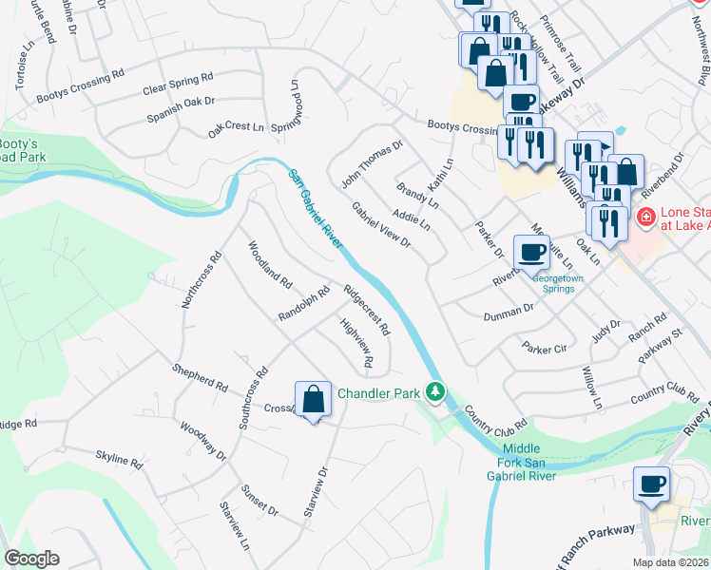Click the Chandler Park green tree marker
[x=435, y=391]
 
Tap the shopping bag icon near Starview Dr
[x=313, y=400]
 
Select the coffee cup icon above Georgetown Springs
[x=531, y=253]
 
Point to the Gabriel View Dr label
[x=380, y=226]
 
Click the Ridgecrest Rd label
[x=367, y=311]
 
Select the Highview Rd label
[x=355, y=343]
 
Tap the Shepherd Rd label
[x=200, y=377]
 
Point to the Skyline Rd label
[x=118, y=460]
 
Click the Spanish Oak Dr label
[x=181, y=108]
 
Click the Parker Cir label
[x=544, y=350]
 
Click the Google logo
[x=31, y=559]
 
